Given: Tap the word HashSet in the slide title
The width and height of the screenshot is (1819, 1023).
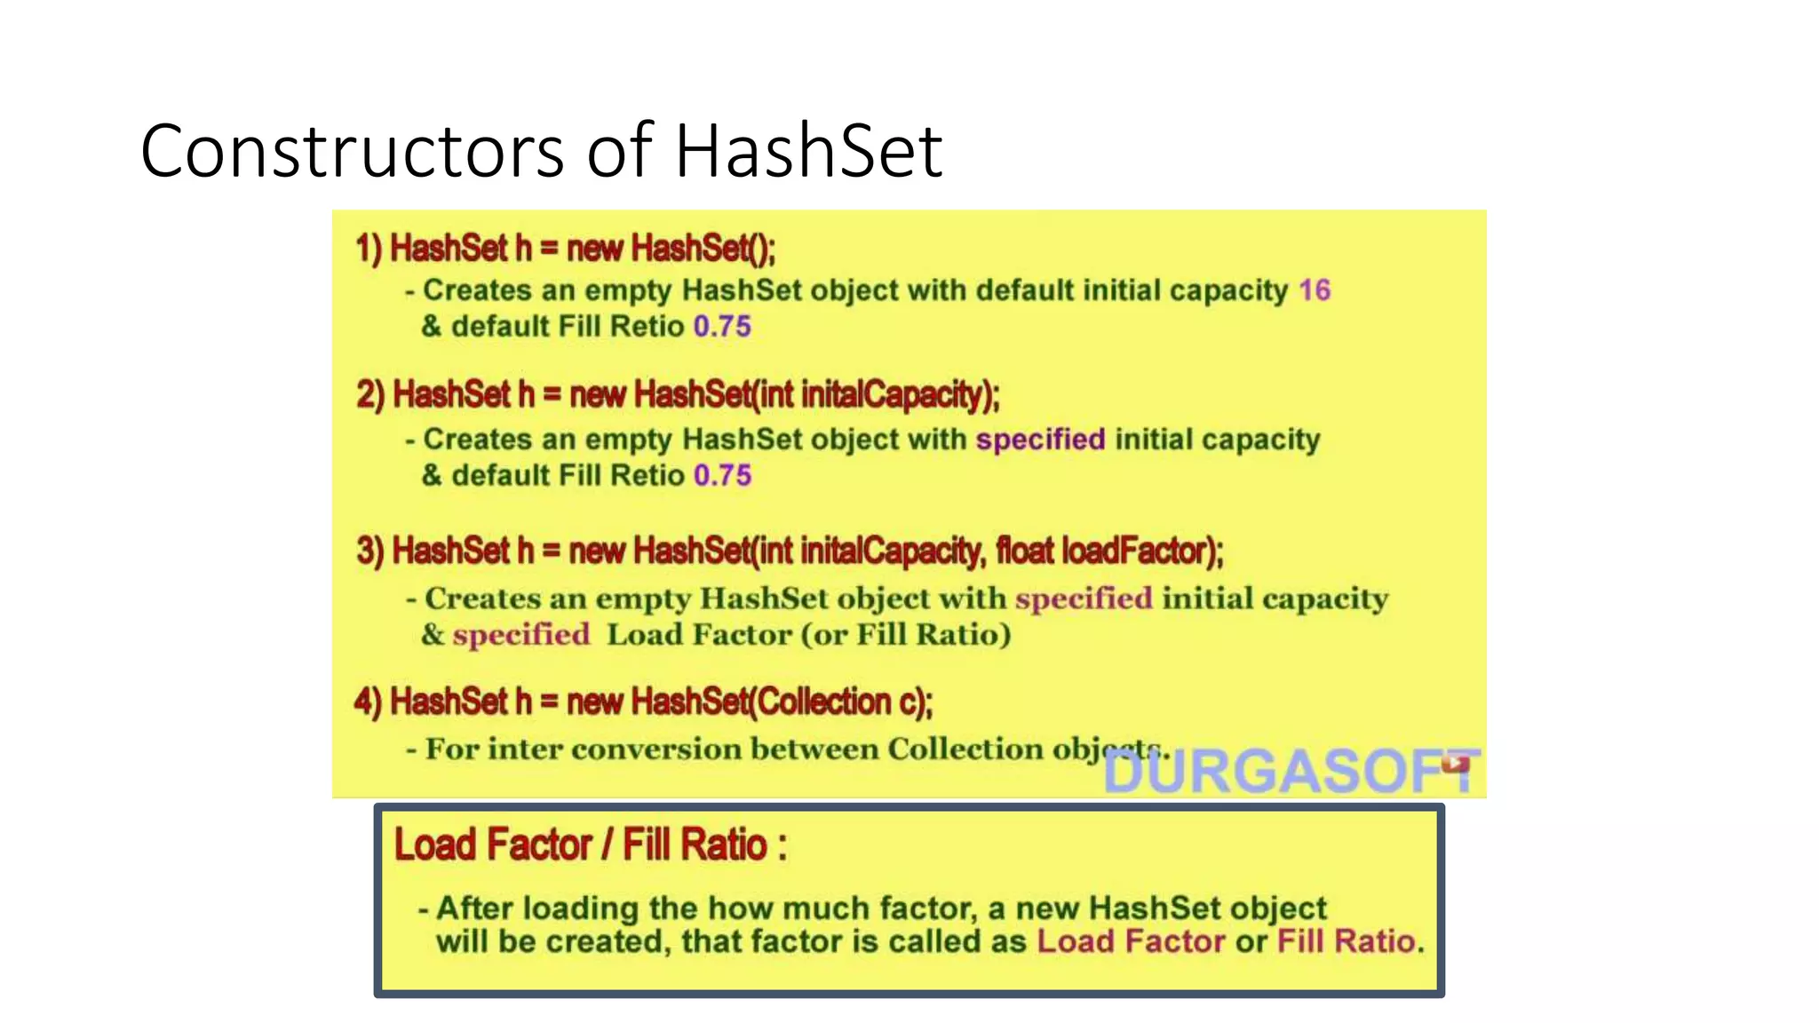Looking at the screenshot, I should click(808, 152).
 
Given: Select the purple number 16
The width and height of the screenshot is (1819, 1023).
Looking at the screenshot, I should click(1315, 290).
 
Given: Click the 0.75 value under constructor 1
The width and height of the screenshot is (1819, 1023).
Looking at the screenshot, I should click(722, 327).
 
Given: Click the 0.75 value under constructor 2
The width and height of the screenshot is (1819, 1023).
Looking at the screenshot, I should click(722, 476).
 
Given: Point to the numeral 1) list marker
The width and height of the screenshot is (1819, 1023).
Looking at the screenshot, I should click(369, 249).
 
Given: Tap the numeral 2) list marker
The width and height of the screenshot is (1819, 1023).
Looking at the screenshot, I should click(370, 395).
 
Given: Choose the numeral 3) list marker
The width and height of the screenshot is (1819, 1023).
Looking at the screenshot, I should click(370, 551).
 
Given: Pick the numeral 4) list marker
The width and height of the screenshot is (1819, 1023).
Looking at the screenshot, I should click(369, 702).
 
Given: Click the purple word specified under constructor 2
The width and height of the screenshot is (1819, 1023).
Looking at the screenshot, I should click(1040, 440).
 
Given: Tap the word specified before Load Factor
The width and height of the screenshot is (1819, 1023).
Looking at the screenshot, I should click(521, 635).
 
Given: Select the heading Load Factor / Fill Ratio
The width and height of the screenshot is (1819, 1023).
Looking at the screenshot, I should click(590, 845).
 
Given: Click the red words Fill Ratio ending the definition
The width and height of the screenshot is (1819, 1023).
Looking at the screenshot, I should click(1346, 941).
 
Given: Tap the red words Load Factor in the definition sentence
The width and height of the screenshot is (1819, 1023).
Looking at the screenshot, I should click(1131, 941).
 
